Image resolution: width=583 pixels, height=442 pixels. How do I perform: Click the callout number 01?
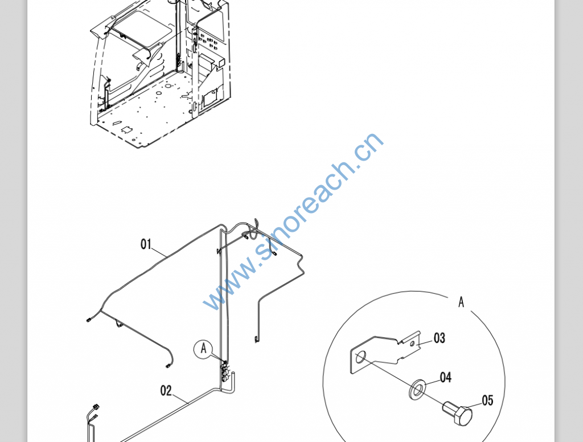146,244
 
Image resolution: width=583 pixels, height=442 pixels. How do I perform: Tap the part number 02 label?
166,391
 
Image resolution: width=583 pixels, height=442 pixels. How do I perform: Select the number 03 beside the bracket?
439,338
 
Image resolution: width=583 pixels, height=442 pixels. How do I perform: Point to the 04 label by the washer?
445,377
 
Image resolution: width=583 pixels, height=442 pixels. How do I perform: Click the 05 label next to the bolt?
487,400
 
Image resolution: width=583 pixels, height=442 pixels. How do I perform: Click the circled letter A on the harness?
203,349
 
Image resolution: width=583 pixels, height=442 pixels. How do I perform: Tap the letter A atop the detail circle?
461,302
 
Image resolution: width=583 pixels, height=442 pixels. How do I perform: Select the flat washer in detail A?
417,389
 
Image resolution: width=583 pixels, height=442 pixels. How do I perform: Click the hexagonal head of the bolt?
463,416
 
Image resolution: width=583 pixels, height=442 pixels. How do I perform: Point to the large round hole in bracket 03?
360,357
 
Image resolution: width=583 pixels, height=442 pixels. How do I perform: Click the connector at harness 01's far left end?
89,320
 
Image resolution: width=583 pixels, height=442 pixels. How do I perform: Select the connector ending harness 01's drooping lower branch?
168,366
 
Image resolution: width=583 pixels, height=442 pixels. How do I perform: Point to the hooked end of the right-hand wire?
256,339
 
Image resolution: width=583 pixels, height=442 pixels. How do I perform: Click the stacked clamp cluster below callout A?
225,373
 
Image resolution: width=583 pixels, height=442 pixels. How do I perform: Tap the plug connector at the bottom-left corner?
96,407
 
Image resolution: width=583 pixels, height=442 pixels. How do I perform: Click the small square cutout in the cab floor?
127,129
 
